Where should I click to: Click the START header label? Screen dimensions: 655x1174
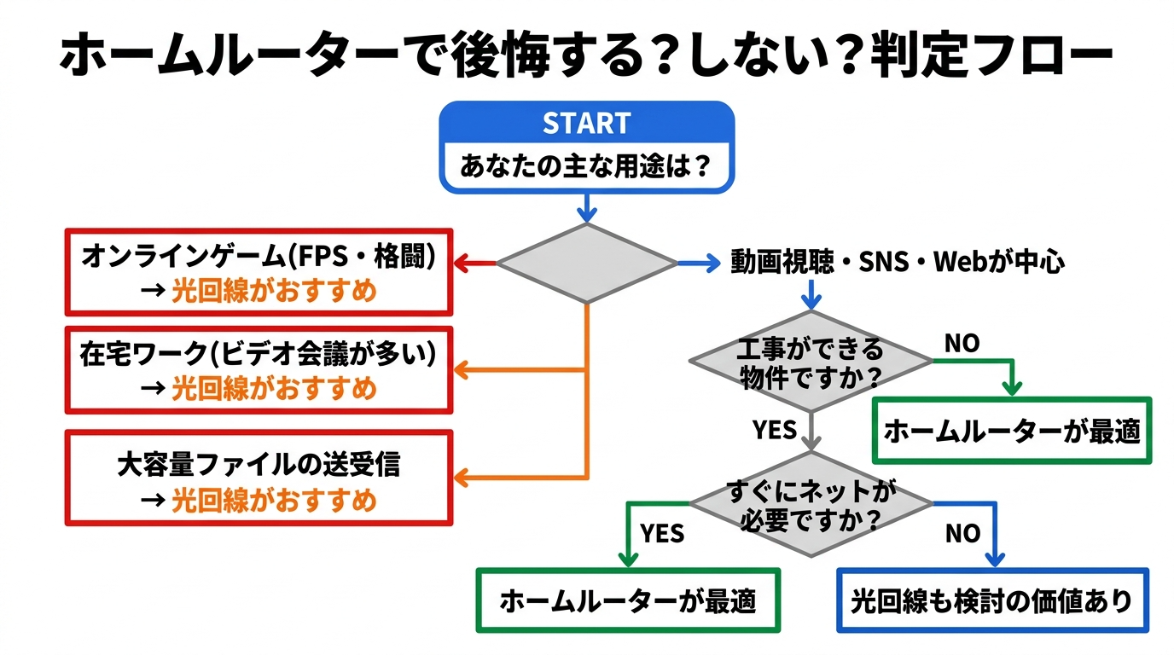coord(586,123)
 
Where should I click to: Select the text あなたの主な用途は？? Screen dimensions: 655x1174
coord(586,165)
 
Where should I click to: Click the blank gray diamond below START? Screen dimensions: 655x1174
coord(586,264)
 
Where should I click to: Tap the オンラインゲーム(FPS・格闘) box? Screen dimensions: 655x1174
coord(259,272)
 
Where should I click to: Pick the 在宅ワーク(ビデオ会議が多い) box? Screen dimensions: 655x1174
coord(259,369)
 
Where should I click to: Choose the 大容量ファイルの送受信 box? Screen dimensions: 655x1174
coord(259,478)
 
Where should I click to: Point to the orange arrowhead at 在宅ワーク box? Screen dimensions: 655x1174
coord(462,370)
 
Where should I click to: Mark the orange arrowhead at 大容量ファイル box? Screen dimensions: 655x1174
coord(462,478)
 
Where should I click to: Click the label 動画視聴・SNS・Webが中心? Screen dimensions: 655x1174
coord(897,263)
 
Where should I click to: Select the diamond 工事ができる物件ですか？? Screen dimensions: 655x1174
coord(810,362)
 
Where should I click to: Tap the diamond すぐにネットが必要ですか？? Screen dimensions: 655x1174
coord(810,504)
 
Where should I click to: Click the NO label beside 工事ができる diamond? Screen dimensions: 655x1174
coord(962,344)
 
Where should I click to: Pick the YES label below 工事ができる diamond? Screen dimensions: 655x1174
coord(774,429)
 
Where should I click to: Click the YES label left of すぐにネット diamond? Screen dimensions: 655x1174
coord(662,534)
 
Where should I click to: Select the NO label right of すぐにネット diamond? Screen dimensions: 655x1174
coord(962,534)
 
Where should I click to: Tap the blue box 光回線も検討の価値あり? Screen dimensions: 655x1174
coord(992,601)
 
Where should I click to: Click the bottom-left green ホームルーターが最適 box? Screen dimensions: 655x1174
coord(628,601)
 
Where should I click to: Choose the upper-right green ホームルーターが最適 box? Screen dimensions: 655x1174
coord(1011,431)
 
